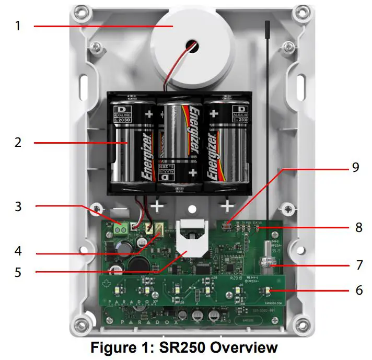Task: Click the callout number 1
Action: [18, 25]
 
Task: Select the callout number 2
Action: [18, 142]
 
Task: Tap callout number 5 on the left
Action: [18, 272]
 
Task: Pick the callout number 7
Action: [358, 264]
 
